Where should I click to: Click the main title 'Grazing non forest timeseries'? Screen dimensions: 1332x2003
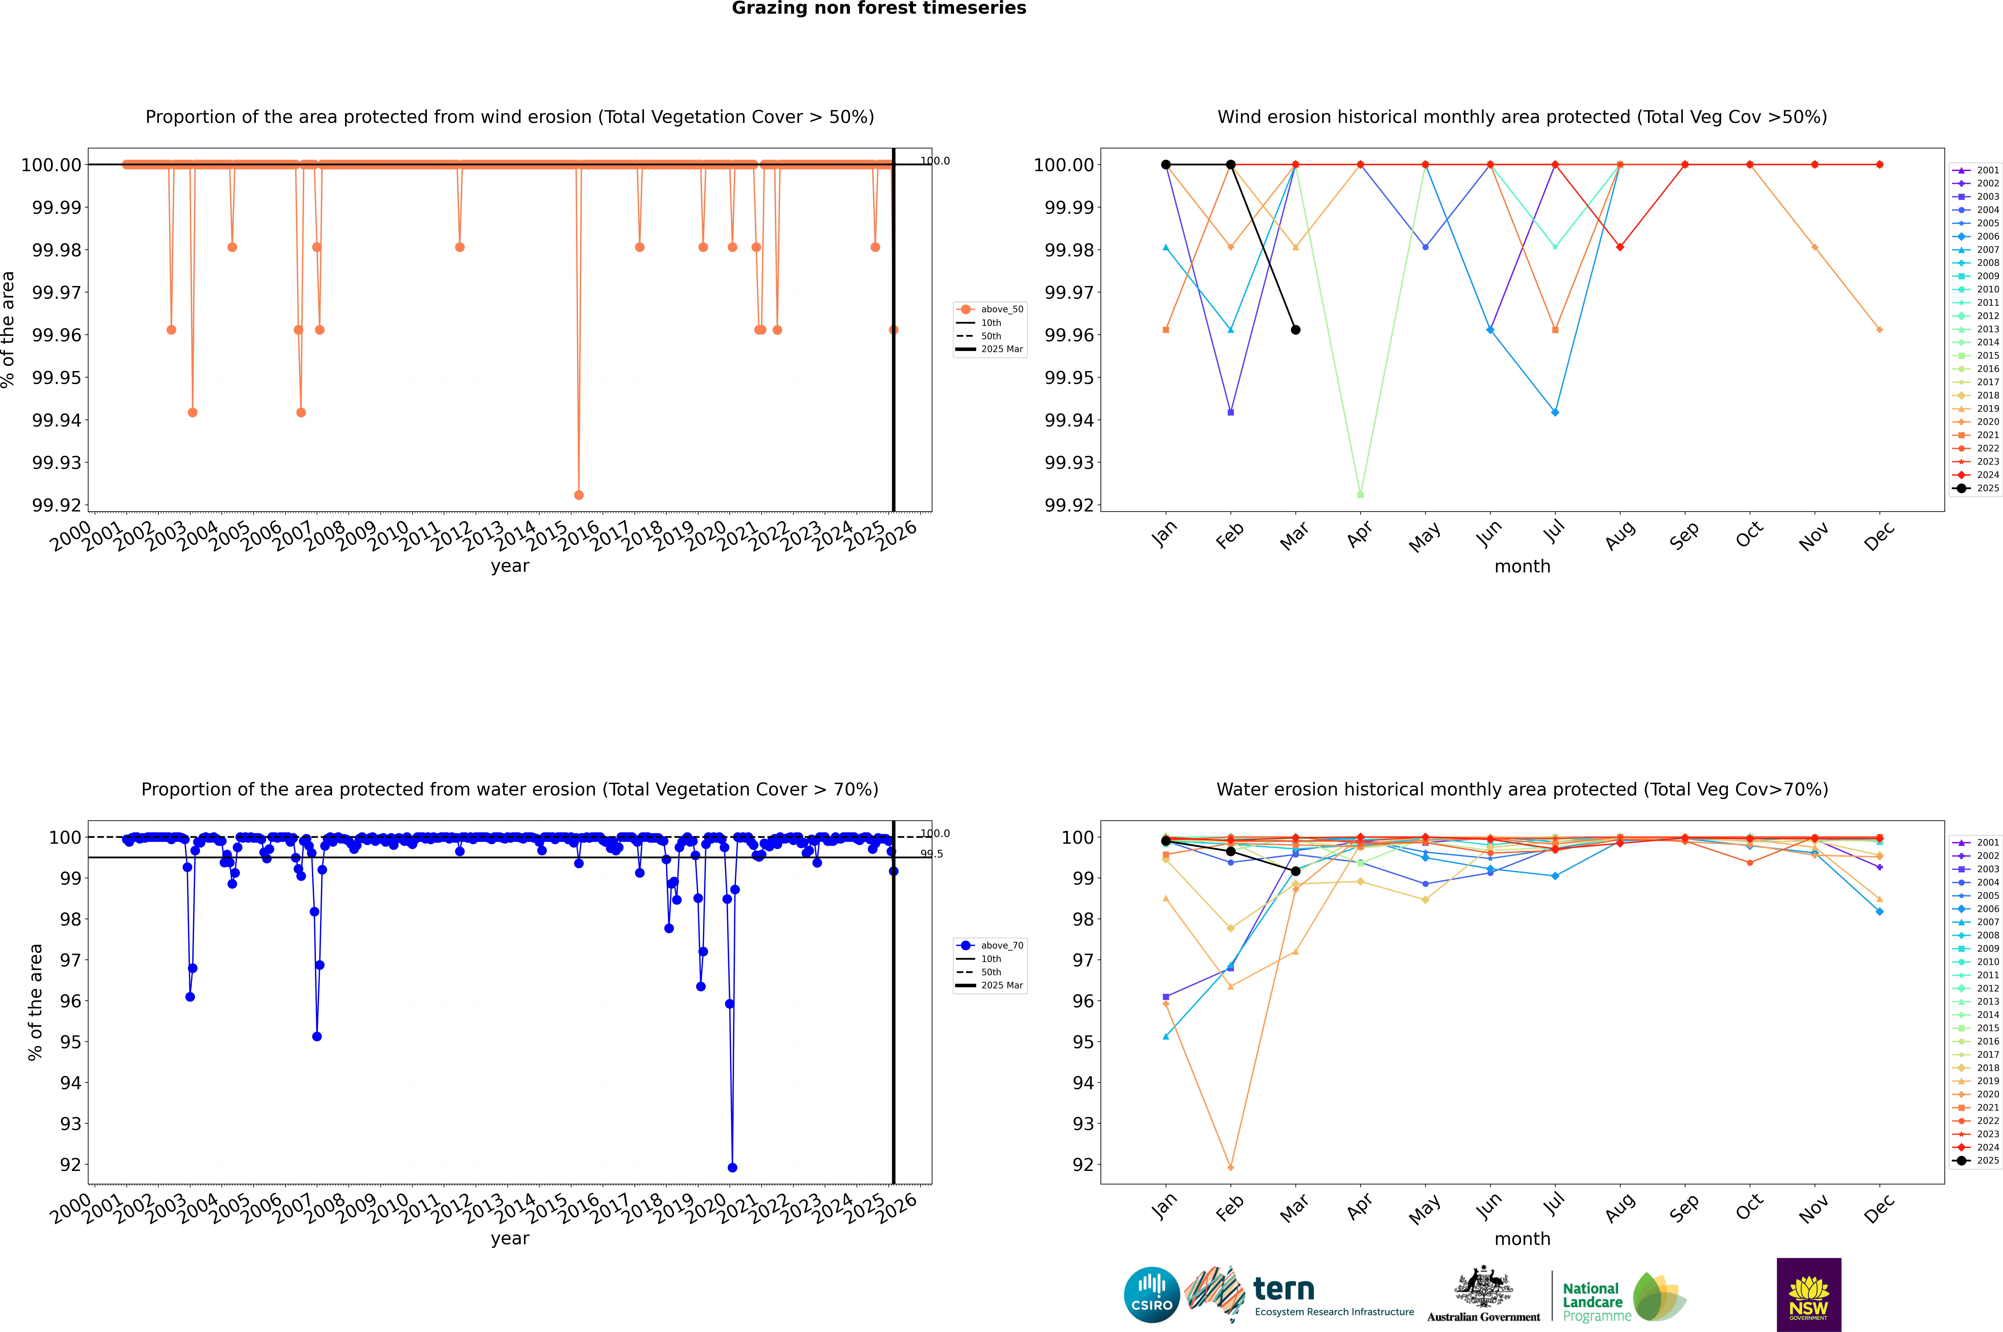tap(879, 8)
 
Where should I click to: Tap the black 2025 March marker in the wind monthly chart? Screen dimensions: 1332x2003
tap(1296, 330)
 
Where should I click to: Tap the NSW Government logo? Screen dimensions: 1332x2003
tap(1809, 1295)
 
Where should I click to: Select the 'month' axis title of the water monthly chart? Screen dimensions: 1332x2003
tap(1522, 1239)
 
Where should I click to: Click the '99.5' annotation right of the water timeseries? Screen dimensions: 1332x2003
tap(932, 854)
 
